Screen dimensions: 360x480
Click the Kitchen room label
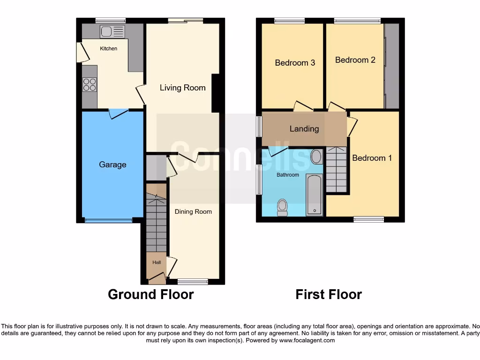tap(108, 48)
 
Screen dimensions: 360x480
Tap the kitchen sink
tap(112, 31)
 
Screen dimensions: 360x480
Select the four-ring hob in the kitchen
tap(90, 84)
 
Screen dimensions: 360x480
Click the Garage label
tap(112, 165)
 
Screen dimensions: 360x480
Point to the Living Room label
tap(182, 88)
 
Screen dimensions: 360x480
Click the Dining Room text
tap(193, 211)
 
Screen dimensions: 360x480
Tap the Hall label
tap(156, 263)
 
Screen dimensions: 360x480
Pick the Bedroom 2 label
tap(355, 60)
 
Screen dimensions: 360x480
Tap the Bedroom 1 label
tap(372, 158)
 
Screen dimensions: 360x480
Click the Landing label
tap(304, 128)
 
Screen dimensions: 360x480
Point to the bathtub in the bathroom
tap(315, 195)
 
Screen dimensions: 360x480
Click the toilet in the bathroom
tap(282, 207)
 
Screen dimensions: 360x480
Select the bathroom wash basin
tap(316, 157)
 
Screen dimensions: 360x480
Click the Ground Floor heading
tap(150, 294)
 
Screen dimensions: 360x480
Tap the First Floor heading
tap(329, 294)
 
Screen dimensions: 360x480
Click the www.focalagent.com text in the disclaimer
tap(307, 340)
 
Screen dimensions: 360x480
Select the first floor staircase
tap(336, 169)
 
